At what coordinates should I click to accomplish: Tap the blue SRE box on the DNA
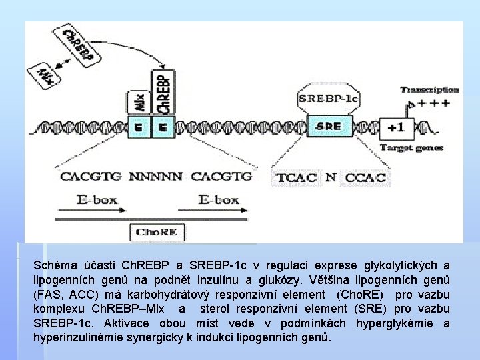(328, 126)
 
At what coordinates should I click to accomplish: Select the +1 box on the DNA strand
(395, 127)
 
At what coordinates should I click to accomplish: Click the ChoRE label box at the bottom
(157, 232)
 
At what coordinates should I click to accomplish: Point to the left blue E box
(138, 126)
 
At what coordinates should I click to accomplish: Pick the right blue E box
(163, 126)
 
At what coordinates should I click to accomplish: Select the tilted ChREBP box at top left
(77, 47)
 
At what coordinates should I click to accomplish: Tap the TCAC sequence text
(295, 178)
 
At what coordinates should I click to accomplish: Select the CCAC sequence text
(364, 178)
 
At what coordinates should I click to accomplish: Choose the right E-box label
(219, 199)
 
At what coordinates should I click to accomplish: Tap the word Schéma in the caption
(54, 265)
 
